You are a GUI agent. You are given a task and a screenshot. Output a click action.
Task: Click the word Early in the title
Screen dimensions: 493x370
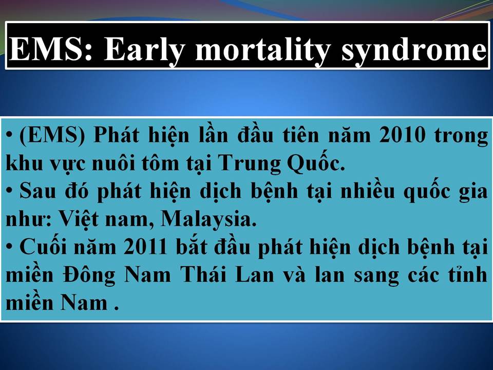click(143, 49)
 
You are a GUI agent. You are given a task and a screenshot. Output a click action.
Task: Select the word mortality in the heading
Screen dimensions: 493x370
click(262, 49)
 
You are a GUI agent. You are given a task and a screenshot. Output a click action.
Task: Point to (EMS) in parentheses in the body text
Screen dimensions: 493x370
click(52, 136)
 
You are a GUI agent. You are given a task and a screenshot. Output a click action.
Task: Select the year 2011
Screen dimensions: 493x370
click(145, 247)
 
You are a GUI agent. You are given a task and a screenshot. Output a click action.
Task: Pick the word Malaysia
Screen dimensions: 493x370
click(208, 219)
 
